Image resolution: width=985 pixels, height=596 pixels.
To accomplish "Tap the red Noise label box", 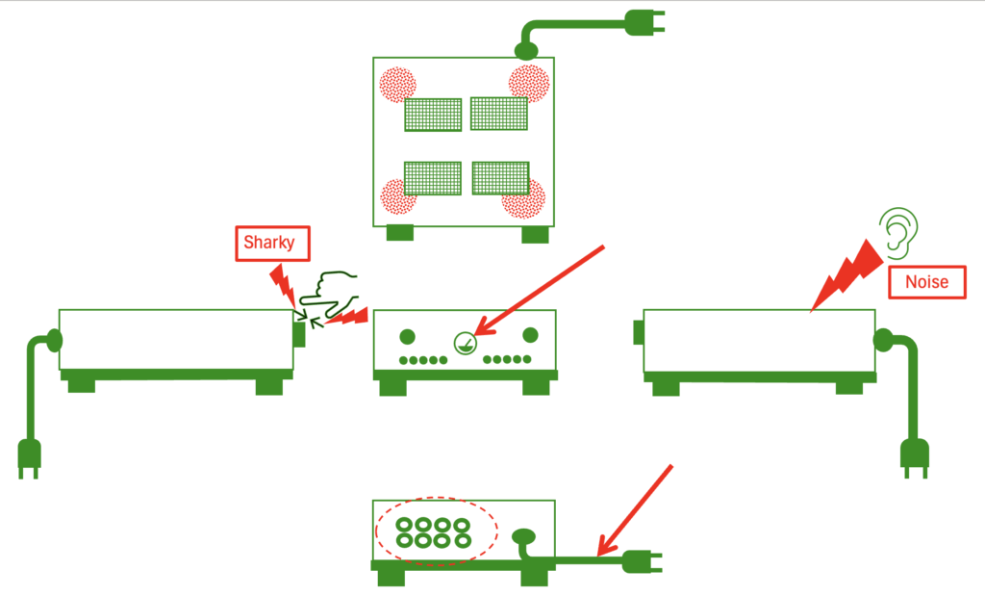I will click(x=926, y=282).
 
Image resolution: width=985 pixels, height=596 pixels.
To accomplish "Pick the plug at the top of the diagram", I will click(x=644, y=22).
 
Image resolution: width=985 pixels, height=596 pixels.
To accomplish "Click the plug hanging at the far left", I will click(x=30, y=456).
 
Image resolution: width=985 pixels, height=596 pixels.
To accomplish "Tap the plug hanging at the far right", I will click(x=913, y=456).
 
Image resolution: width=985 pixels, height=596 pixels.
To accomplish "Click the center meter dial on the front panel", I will click(x=464, y=341).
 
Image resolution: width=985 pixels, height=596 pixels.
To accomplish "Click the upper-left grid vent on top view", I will click(x=433, y=115).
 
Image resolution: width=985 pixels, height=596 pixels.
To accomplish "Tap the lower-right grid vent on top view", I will click(x=501, y=178).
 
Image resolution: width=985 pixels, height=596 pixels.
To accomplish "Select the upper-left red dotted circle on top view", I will click(x=395, y=85).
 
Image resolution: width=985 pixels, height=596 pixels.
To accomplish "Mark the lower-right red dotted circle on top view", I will click(x=524, y=199).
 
